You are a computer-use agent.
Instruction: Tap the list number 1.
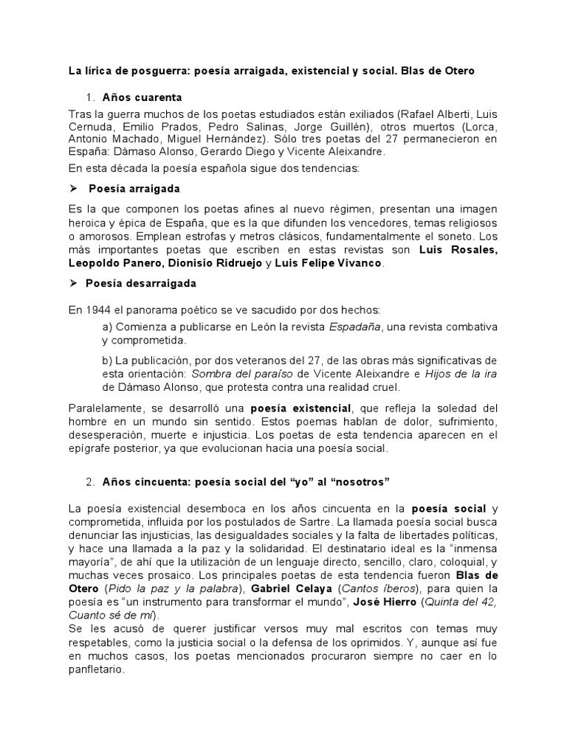pos(90,97)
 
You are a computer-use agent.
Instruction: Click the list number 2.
pos(90,481)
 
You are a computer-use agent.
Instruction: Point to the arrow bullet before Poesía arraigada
pos(72,189)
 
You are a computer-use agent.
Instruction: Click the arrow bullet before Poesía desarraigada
pos(72,283)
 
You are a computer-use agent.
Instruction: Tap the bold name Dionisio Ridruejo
pos(209,264)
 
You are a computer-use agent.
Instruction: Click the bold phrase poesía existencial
pos(301,408)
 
